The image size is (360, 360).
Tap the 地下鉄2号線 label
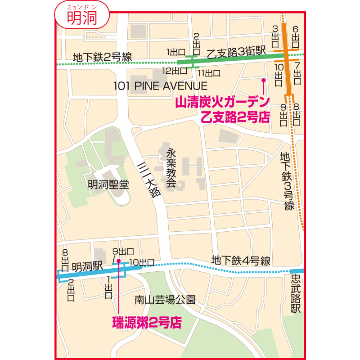tap(102, 57)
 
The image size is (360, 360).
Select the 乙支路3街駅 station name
tap(236, 52)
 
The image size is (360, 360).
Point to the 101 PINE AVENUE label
tap(160, 86)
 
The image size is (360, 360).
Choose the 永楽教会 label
tap(171, 167)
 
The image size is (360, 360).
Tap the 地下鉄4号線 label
tap(240, 260)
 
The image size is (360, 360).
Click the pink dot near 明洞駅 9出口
tap(118, 261)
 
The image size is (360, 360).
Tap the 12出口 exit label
tap(175, 71)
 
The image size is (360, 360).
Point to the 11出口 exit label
tap(209, 72)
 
